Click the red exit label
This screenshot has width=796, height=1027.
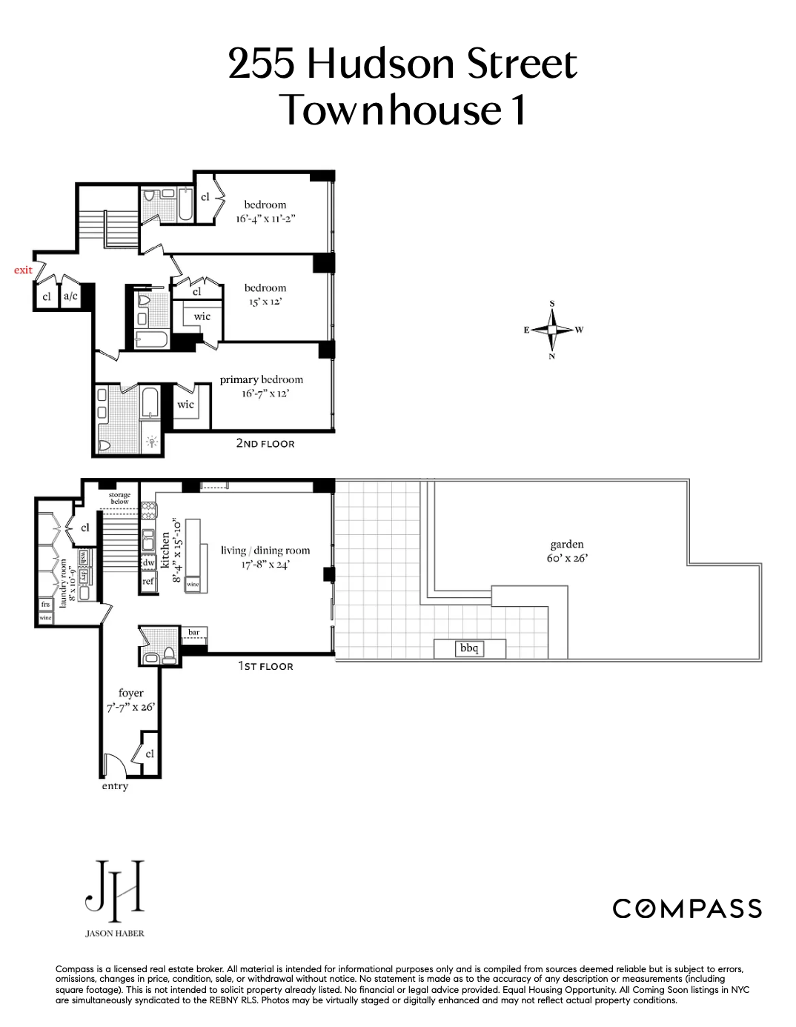point(23,270)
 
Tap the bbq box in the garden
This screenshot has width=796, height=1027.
point(469,648)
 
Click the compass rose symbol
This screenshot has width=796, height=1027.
point(552,330)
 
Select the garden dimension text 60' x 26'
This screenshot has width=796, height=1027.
point(567,559)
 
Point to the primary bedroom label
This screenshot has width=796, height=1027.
point(261,379)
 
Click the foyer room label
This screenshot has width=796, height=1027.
point(130,693)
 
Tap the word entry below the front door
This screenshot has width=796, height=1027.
point(115,786)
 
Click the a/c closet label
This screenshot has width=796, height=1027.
point(70,296)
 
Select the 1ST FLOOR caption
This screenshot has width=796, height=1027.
point(265,666)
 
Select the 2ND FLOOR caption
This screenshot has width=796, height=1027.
point(265,443)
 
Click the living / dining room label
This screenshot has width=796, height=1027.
point(265,551)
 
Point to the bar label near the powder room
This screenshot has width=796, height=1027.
point(193,633)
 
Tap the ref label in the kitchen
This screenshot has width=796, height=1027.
point(148,581)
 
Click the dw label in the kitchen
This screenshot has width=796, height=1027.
point(148,562)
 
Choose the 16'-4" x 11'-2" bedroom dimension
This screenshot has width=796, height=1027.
point(265,219)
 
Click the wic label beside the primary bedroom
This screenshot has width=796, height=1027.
point(185,405)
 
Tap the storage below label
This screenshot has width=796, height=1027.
point(119,498)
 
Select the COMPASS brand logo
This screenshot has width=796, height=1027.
point(687,908)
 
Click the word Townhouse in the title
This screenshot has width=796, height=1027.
point(390,110)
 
